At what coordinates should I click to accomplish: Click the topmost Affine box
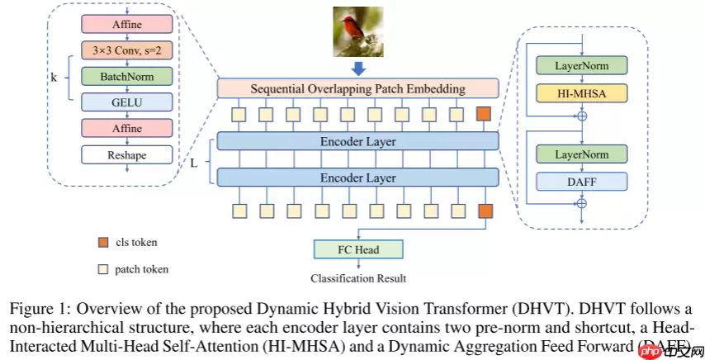(x=126, y=24)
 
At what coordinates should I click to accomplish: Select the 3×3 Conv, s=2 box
(x=126, y=50)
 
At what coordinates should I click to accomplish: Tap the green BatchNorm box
(x=126, y=76)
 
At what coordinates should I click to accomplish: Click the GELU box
(x=126, y=102)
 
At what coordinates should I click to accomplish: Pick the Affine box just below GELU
(x=126, y=128)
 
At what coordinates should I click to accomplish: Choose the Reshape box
(x=126, y=154)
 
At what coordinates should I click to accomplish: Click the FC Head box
(x=357, y=249)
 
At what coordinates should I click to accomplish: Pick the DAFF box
(x=582, y=182)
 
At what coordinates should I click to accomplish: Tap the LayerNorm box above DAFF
(x=582, y=154)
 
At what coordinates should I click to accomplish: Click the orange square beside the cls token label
(x=102, y=242)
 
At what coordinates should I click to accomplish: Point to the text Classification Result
(x=357, y=277)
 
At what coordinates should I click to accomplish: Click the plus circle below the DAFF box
(x=583, y=202)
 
